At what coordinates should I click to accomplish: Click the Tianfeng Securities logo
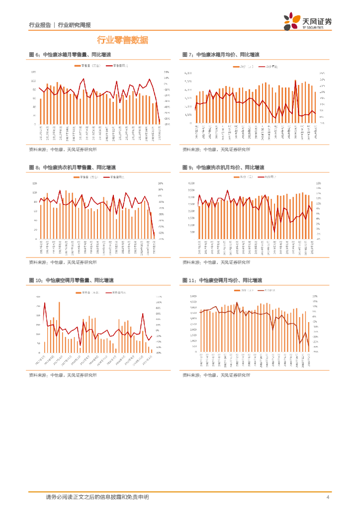pyautogui.click(x=308, y=22)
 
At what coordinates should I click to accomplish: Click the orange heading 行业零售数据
pyautogui.click(x=122, y=40)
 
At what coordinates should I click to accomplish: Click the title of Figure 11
pyautogui.click(x=222, y=280)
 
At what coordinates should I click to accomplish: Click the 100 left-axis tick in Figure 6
pyautogui.click(x=33, y=81)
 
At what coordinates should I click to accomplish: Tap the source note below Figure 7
pyautogui.click(x=216, y=149)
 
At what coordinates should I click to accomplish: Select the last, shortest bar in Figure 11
pyautogui.click(x=309, y=337)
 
